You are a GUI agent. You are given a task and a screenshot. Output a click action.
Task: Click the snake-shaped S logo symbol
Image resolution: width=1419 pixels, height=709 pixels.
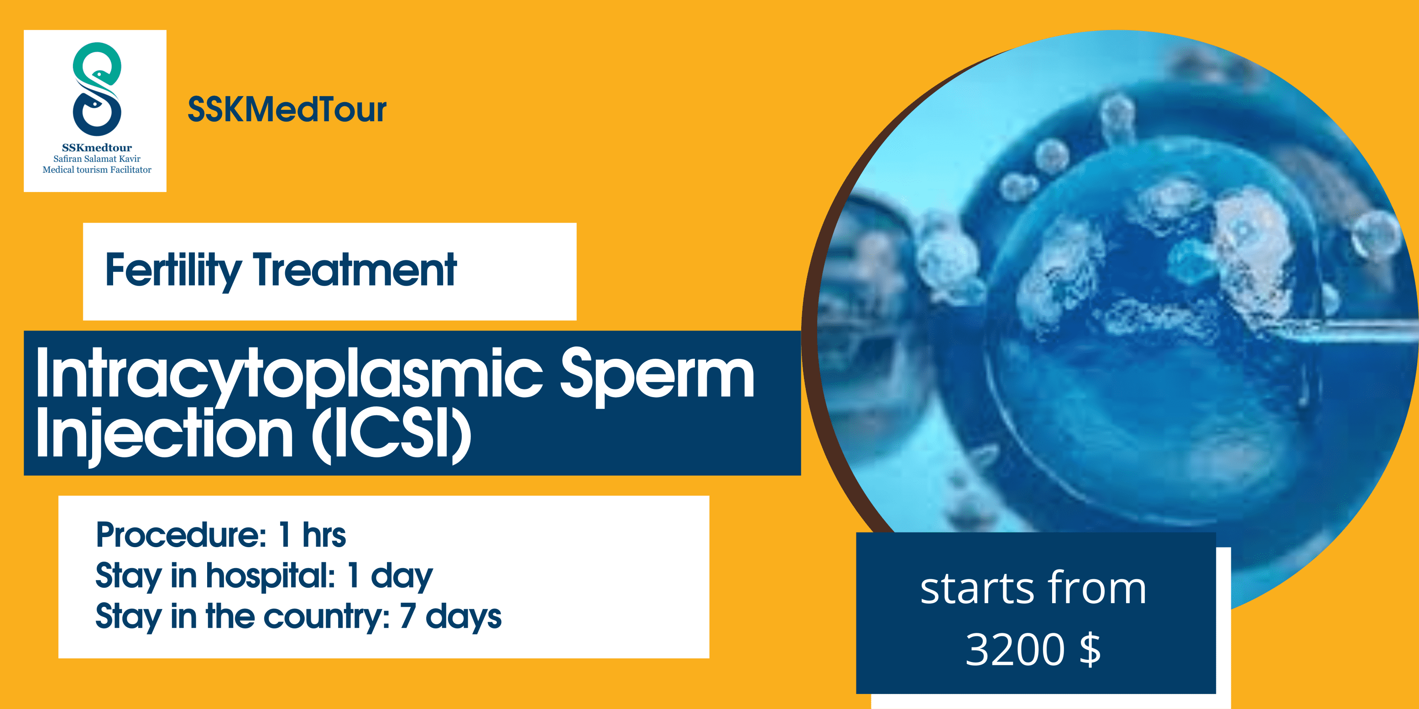pos(97,89)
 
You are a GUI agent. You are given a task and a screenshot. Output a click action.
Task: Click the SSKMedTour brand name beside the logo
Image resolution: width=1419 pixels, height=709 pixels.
pos(287,109)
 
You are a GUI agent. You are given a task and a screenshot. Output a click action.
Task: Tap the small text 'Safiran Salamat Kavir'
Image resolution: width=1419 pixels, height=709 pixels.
pos(97,159)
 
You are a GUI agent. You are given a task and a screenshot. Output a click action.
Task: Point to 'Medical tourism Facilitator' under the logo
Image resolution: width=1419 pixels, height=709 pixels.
pos(97,170)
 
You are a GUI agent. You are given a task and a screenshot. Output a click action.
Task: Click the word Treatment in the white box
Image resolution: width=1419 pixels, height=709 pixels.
pos(355,270)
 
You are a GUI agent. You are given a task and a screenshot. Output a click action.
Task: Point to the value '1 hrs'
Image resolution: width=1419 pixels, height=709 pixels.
pos(312,534)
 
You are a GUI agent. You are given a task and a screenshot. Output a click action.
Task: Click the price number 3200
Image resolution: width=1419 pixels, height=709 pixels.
pos(1015,650)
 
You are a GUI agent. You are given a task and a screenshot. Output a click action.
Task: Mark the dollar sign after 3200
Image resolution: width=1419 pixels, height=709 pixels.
pos(1090,650)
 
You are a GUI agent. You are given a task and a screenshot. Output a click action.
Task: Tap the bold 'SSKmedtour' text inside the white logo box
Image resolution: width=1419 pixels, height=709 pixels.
pos(97,148)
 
